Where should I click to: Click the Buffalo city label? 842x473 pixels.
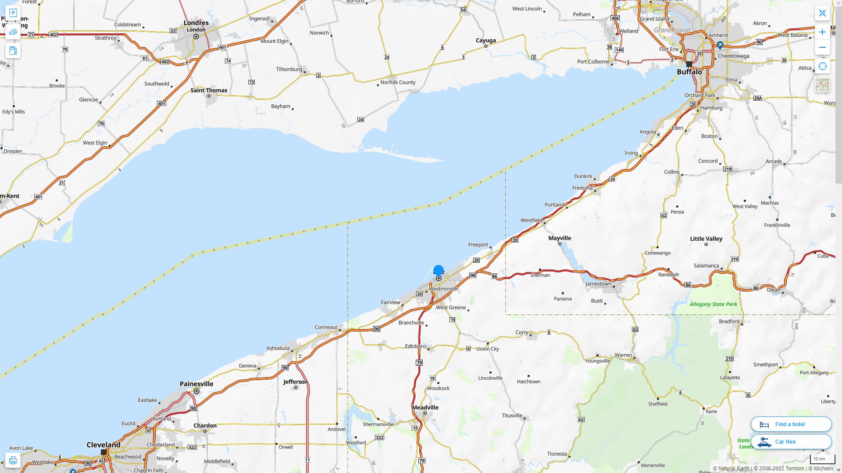coord(689,72)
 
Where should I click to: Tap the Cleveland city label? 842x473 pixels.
coord(103,445)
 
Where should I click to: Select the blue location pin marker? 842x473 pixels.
coord(439,271)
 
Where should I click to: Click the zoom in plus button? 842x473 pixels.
coord(822,32)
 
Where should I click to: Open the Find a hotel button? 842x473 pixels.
coord(791,424)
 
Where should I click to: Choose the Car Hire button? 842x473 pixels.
coord(791,441)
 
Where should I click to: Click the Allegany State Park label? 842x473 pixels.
coord(713,304)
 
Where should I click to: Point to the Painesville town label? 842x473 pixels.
coord(196,384)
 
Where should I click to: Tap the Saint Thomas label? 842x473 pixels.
coord(209,90)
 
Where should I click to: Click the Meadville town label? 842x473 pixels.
coord(425,407)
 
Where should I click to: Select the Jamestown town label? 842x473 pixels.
coord(598,284)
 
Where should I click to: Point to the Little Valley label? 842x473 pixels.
coord(706,239)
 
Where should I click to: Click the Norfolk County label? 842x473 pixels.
coord(398,82)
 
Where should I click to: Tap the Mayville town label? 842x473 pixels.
coord(560,238)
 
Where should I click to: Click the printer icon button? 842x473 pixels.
coord(13,460)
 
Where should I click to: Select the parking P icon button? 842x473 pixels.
coord(13,13)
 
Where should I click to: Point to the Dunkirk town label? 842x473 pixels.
coord(583,176)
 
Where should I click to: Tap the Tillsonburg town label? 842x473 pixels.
coord(289,69)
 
